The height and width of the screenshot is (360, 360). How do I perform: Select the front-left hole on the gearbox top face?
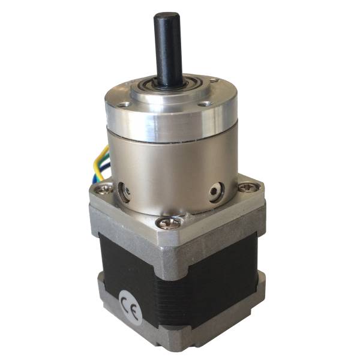pyautogui.click(x=124, y=105)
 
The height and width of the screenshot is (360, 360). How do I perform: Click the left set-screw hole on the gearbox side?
pyautogui.click(x=125, y=191)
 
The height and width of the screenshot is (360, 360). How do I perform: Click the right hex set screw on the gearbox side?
pyautogui.click(x=216, y=193)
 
